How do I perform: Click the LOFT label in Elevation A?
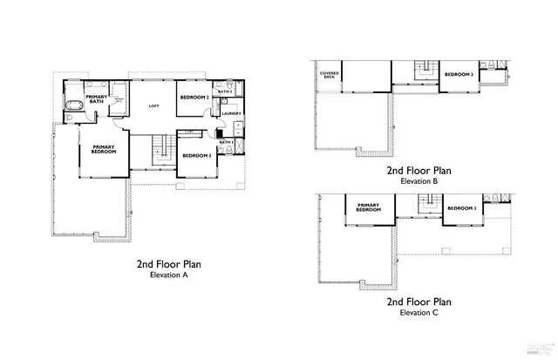(x=153, y=106)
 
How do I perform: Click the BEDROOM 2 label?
(x=195, y=98)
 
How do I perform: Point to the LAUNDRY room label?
(x=231, y=113)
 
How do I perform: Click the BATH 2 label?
(x=225, y=91)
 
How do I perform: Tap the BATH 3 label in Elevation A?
(x=226, y=142)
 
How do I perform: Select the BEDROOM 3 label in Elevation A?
(x=196, y=155)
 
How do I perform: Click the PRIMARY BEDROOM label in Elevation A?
(x=104, y=149)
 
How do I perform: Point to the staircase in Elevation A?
(x=159, y=148)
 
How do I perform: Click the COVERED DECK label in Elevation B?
(x=329, y=76)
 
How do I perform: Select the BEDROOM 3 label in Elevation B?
(x=459, y=74)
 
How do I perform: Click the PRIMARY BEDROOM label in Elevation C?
(x=368, y=208)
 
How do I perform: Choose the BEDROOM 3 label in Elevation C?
(x=462, y=208)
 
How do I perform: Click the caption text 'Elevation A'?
(x=169, y=275)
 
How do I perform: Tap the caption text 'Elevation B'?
(x=419, y=181)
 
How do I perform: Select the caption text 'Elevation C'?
(x=419, y=311)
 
